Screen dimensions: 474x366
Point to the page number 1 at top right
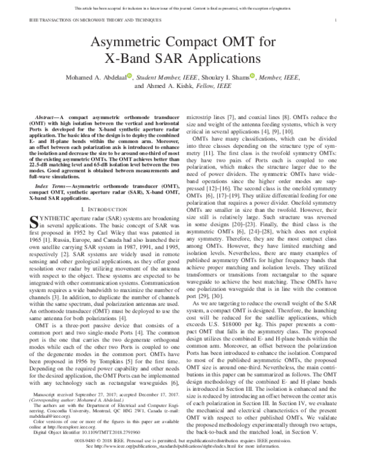pyautogui.click(x=336, y=21)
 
